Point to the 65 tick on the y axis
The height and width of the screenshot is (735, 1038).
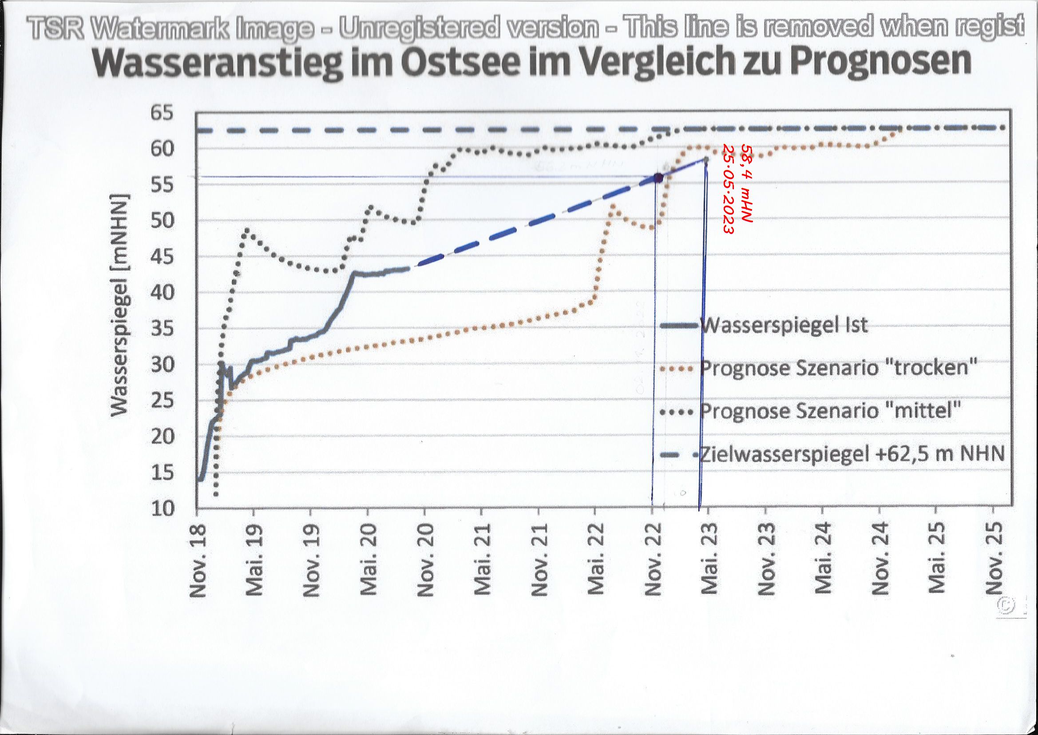pos(162,113)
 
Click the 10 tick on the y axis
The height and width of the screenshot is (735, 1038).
pos(162,509)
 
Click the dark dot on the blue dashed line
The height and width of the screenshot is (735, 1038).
pos(658,178)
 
